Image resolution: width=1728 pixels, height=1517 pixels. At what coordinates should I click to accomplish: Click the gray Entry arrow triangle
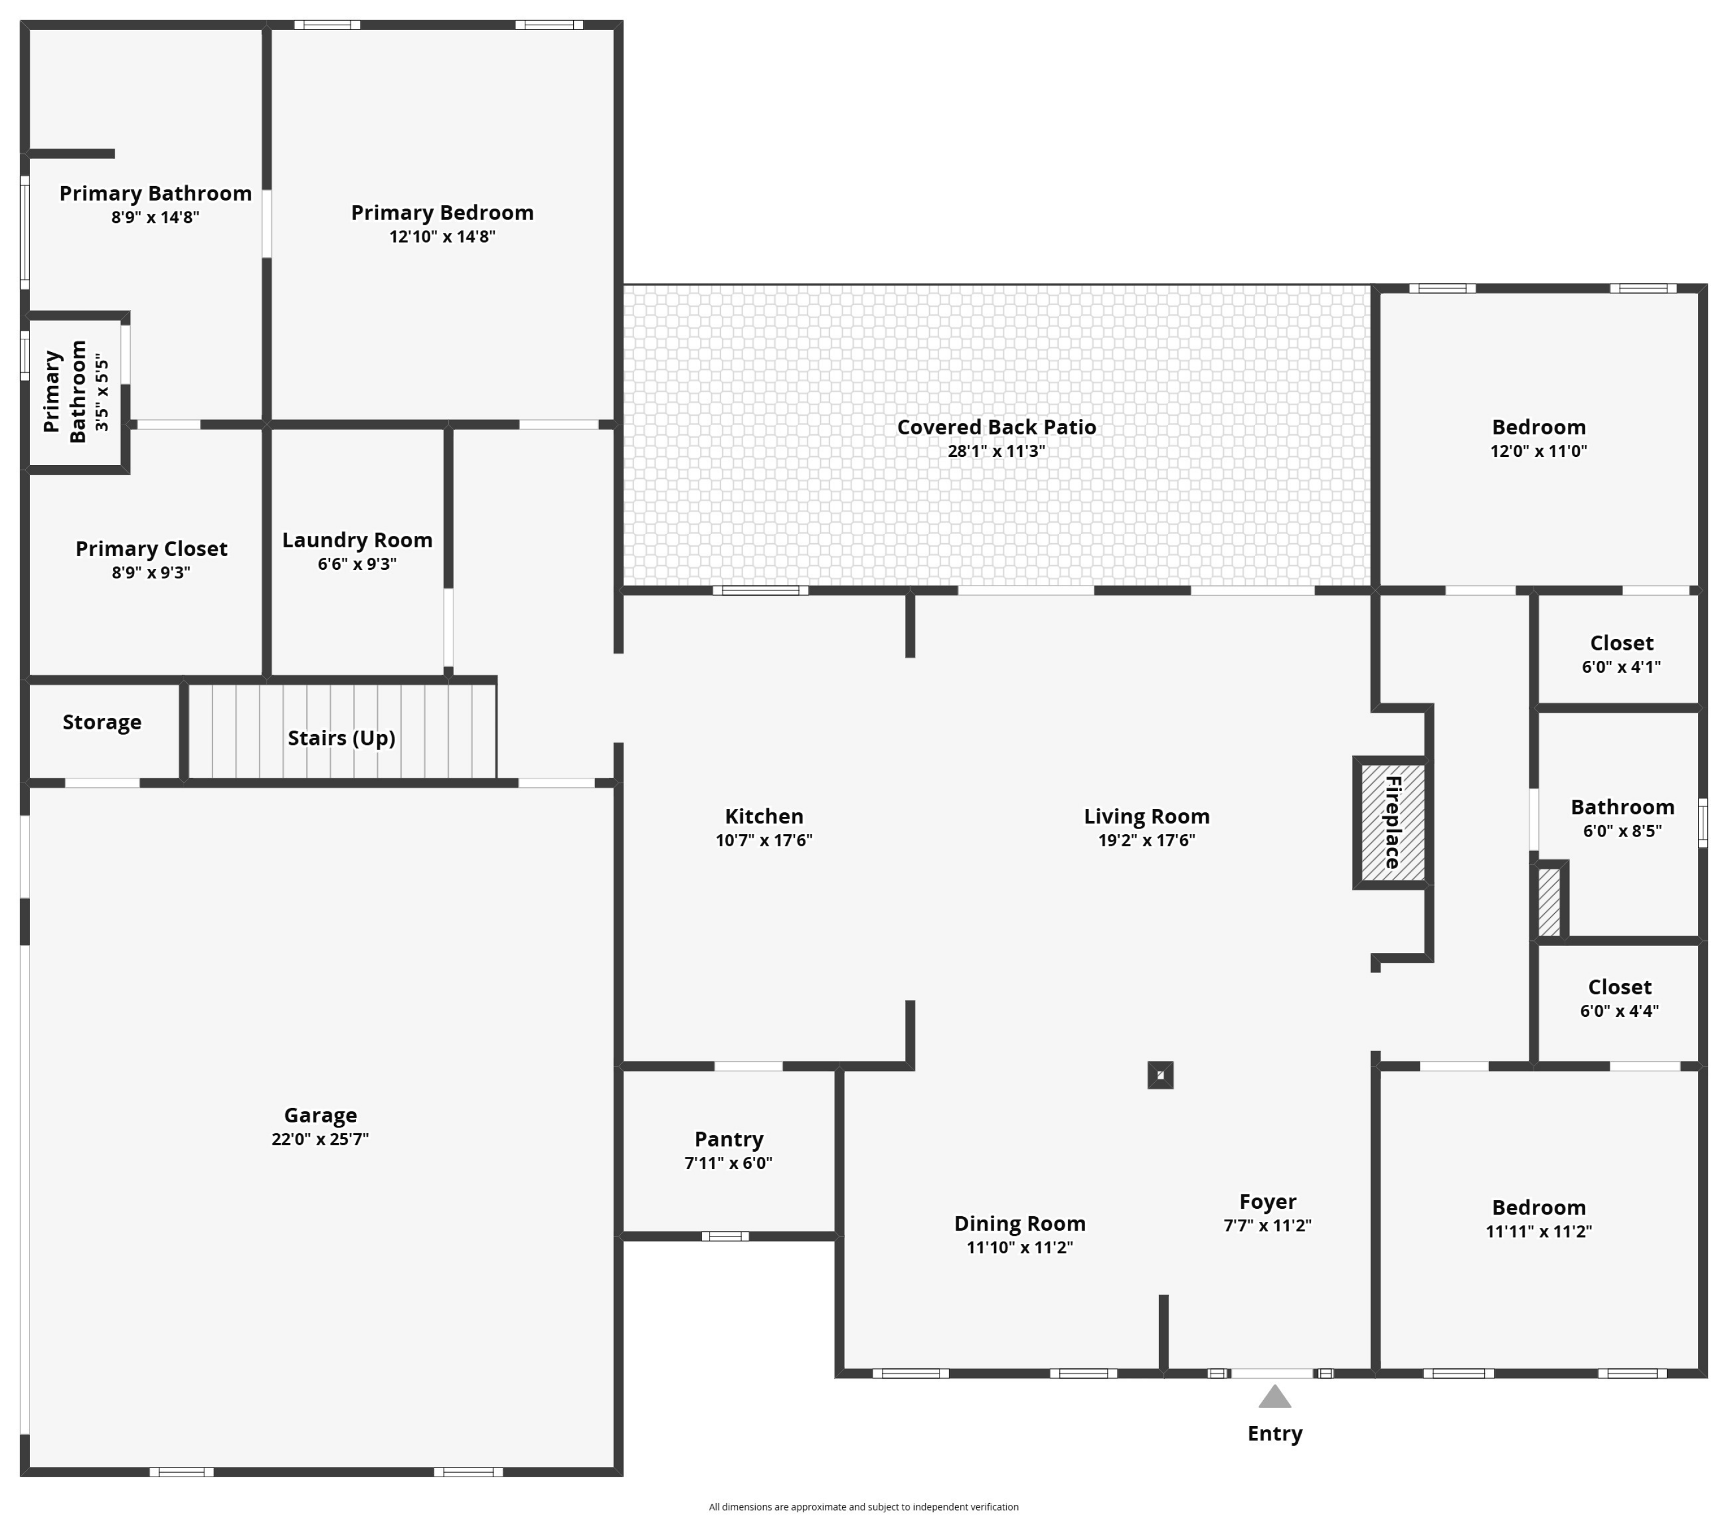(x=1275, y=1397)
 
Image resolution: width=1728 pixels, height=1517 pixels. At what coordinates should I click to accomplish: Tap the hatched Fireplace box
(x=1392, y=823)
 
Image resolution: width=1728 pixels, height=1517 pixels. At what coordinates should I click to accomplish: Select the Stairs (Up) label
(x=342, y=738)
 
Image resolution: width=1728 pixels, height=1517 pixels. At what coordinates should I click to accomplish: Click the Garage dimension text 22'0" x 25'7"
(x=320, y=1139)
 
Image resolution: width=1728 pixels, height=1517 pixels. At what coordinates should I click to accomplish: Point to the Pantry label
(x=729, y=1139)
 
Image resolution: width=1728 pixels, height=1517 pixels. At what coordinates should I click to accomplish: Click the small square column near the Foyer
(x=1161, y=1075)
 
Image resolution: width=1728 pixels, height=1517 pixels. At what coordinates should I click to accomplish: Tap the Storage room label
(x=103, y=722)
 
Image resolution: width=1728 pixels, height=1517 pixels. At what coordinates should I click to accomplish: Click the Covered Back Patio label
(x=996, y=427)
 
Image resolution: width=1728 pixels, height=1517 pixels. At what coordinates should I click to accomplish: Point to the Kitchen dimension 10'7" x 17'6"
(x=764, y=841)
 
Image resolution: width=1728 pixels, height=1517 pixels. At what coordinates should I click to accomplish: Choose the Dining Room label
(x=1021, y=1224)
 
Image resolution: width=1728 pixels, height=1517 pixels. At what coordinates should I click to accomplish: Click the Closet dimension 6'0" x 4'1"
(x=1621, y=667)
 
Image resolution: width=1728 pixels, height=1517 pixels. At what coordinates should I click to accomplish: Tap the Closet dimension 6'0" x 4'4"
(x=1620, y=1011)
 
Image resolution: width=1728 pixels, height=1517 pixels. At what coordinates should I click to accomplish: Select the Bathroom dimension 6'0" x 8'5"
(x=1623, y=831)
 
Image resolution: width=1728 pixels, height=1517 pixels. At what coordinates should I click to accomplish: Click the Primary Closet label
(x=151, y=549)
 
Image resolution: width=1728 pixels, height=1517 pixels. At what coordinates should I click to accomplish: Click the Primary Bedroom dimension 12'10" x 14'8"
(x=442, y=237)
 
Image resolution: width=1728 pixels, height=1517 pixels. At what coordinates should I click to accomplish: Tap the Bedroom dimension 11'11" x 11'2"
(x=1538, y=1232)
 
